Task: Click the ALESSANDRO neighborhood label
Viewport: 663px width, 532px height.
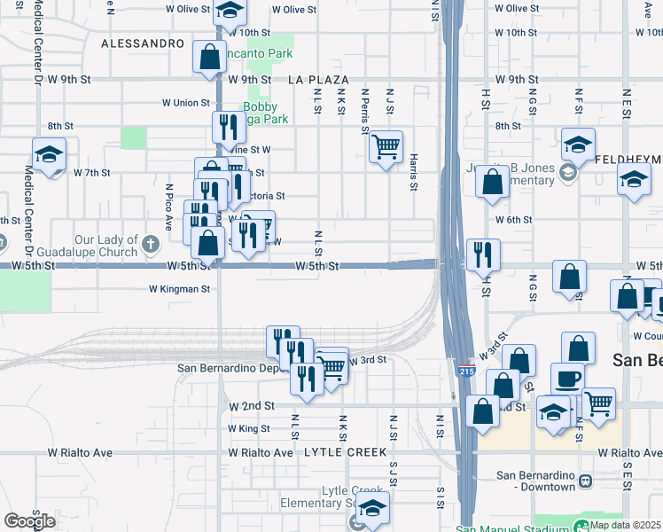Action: (142, 43)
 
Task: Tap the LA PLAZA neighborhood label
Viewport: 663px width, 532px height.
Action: (318, 80)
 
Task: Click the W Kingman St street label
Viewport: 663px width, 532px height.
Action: (179, 289)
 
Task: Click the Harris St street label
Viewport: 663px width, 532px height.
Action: (414, 172)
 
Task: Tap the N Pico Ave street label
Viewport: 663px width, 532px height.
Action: (168, 206)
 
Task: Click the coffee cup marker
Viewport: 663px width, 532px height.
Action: (567, 379)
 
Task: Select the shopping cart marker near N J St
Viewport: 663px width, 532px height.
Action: (386, 146)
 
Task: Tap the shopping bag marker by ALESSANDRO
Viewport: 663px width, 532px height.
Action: (209, 58)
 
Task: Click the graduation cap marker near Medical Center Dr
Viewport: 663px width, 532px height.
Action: (49, 154)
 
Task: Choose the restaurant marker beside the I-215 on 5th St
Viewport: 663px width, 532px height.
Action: (482, 254)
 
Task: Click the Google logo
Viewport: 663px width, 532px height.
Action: (28, 520)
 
